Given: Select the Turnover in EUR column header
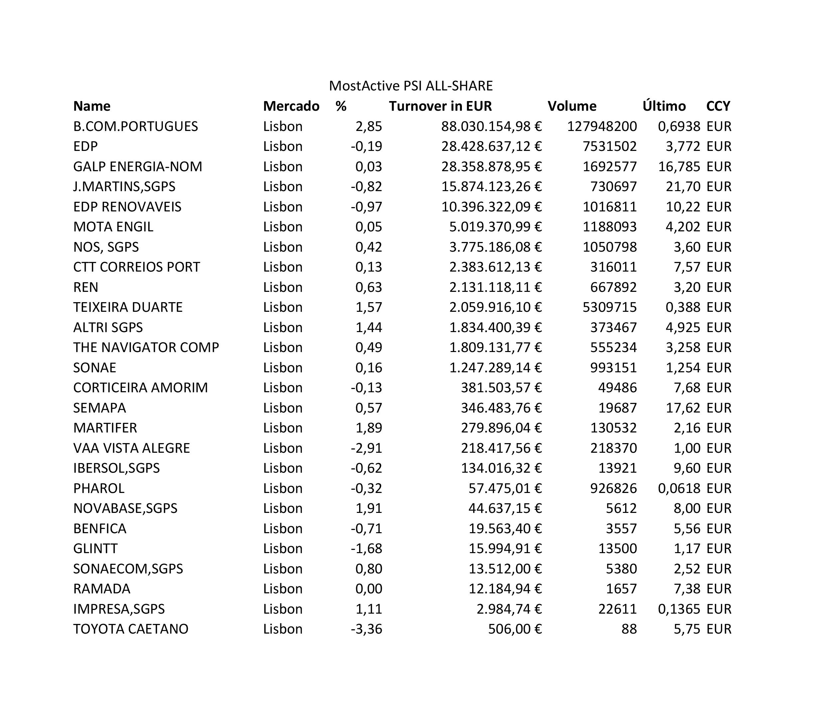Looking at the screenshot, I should tap(440, 106).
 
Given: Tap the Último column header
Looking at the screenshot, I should tap(664, 106).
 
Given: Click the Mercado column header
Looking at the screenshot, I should tap(291, 106).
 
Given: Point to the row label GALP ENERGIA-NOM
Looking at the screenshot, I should tap(138, 167).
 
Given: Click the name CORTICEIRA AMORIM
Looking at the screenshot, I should tap(140, 388).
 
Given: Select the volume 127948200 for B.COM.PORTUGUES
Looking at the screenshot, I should tap(602, 126).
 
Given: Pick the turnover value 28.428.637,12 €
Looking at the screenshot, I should tap(491, 147).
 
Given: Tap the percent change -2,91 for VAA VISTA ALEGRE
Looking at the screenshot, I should tap(366, 448).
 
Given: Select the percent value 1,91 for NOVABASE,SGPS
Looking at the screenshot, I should tap(369, 508).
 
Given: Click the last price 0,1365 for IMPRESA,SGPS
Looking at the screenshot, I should tap(679, 609).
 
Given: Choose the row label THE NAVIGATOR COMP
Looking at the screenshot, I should tap(146, 347).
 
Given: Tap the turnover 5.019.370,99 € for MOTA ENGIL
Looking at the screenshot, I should tap(495, 227).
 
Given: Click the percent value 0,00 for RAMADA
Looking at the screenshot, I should tap(369, 589).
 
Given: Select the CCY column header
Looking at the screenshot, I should tap(718, 106).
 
